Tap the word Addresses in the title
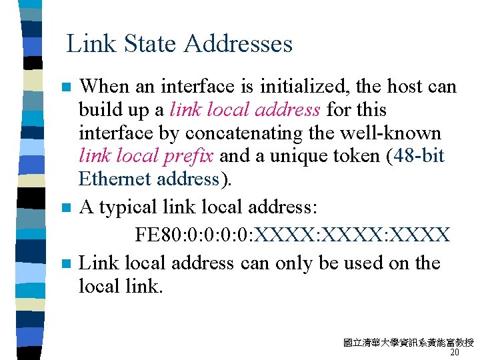pos(238,44)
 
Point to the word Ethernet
pos(115,179)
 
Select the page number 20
pos(455,353)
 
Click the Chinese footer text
pos(408,343)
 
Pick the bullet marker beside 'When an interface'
pos(65,87)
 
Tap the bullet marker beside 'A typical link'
pos(65,209)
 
